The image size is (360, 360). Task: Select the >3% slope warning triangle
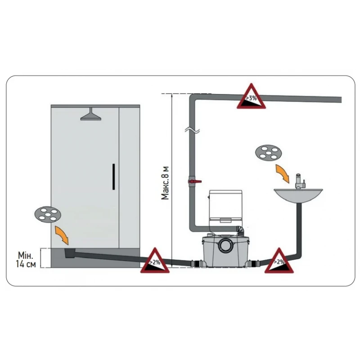coord(251,97)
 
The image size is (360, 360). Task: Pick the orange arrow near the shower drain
coord(63,234)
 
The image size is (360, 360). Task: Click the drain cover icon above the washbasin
coord(267,153)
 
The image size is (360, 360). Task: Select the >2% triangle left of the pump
coord(154,261)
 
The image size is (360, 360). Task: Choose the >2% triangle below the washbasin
coord(279,261)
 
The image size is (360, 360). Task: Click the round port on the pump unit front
coord(224,247)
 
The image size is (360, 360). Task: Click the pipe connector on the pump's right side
coord(256,263)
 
